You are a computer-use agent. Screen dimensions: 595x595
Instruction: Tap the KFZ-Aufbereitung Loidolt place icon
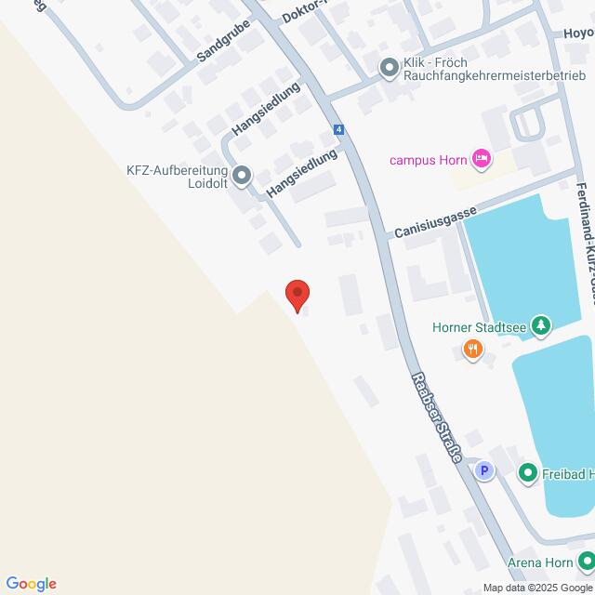tap(242, 174)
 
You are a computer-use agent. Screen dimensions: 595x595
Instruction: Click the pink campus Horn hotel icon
tap(481, 159)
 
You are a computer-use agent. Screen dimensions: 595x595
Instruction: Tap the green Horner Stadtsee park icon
tap(540, 326)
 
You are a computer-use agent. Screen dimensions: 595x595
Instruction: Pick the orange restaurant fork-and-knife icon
tap(473, 350)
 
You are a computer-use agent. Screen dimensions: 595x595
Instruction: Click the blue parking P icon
tap(483, 471)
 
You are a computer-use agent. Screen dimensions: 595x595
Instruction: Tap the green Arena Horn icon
tap(586, 562)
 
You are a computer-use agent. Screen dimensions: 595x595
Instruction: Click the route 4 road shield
tap(339, 129)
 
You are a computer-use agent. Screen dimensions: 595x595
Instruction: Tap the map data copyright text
tap(536, 588)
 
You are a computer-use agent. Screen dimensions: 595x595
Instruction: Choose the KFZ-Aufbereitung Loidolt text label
tap(178, 177)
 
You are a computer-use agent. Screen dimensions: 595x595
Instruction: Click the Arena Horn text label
tap(539, 562)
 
